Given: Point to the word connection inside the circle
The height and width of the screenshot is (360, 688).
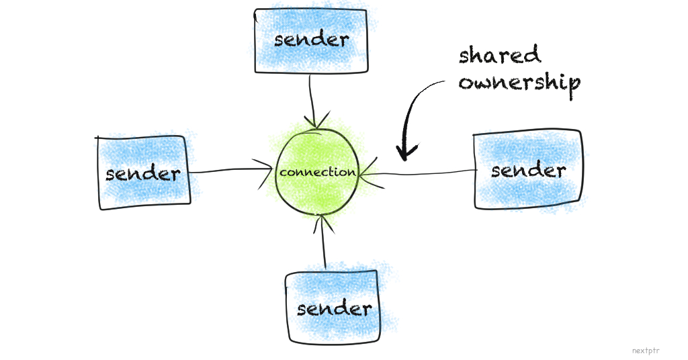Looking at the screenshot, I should click(318, 172).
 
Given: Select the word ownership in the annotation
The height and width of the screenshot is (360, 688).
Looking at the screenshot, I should click(519, 83).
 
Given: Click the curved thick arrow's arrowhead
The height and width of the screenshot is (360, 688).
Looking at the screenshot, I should click(404, 151).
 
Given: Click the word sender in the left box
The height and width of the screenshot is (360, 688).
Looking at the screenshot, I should click(143, 173).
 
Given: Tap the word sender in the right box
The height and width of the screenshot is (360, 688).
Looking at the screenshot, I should click(528, 170).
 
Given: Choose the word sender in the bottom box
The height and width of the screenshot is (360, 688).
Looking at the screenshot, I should click(334, 308).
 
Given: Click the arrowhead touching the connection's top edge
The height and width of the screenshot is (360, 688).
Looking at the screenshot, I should click(314, 123).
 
